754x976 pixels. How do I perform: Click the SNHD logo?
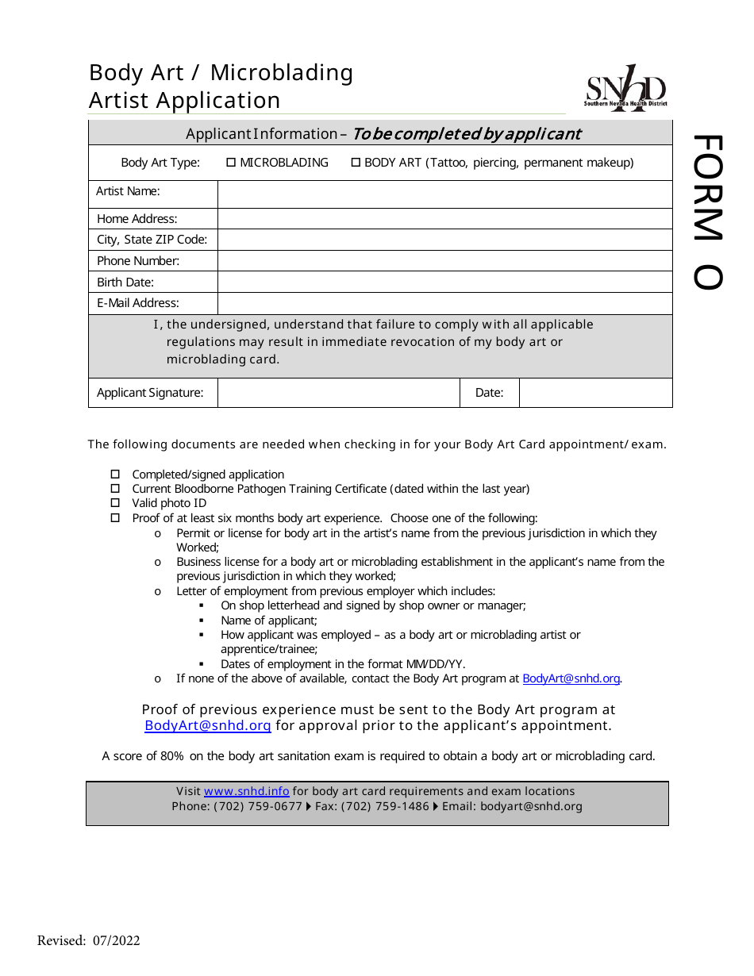coord(626,88)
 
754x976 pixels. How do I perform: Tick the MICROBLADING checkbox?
coord(231,163)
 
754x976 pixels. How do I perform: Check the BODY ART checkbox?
coord(356,163)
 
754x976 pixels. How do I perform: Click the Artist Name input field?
coord(444,194)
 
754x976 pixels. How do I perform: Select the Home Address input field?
coord(444,219)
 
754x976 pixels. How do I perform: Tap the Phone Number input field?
coord(444,261)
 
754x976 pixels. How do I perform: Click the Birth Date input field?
coord(444,282)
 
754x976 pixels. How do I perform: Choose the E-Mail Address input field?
coord(444,303)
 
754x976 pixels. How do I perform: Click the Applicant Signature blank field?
coord(338,393)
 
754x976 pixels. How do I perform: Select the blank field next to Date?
coord(595,393)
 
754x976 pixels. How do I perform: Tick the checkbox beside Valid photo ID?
coord(115,503)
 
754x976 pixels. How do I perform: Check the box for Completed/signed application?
coord(115,475)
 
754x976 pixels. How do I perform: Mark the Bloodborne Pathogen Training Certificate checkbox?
coord(115,489)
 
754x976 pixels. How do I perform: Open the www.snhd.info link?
coord(246,791)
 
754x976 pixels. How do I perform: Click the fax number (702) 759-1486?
coord(385,806)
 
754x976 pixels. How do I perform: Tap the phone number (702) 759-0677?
coord(258,806)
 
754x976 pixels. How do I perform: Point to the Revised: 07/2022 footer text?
coord(89,941)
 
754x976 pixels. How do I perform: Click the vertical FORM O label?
coord(708,213)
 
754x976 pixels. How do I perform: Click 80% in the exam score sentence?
coord(172,756)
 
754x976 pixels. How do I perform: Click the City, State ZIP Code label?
coord(152,240)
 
